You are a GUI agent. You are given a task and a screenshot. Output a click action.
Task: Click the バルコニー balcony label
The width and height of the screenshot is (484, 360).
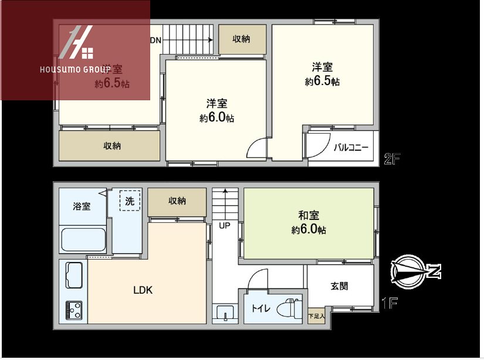click(351, 148)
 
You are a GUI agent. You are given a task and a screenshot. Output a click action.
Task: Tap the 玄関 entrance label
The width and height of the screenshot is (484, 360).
click(339, 286)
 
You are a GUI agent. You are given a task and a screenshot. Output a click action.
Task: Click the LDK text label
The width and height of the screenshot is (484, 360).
click(143, 290)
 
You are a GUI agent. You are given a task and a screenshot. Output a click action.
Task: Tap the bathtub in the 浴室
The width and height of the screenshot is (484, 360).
click(83, 240)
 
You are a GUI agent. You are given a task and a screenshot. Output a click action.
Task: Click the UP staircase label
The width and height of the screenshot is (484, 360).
click(225, 225)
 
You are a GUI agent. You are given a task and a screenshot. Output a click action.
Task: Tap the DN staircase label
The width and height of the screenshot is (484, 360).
click(156, 40)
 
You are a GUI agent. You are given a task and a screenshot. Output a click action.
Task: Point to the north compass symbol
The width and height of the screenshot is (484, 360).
click(415, 271)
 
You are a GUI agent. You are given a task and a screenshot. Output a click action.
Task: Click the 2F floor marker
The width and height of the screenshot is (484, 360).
click(391, 159)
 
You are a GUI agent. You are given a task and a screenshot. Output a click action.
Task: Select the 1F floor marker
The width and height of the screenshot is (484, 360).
click(390, 304)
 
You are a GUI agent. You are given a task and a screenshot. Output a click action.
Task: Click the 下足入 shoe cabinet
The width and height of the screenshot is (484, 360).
click(316, 316)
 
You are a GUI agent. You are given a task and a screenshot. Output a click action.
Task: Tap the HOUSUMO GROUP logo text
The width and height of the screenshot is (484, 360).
click(75, 69)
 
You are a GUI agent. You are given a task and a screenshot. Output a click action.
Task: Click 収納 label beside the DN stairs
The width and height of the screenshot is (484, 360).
click(242, 39)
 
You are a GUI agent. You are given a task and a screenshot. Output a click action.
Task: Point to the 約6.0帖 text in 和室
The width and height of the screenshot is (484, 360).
click(309, 230)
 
